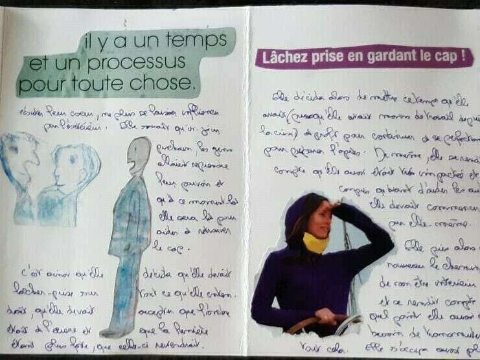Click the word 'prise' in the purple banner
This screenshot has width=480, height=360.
point(330,56)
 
